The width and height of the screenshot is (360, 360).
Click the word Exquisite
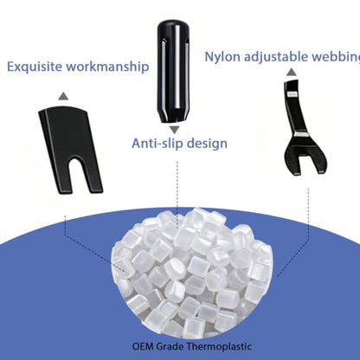pyautogui.click(x=35, y=67)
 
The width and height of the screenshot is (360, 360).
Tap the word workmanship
pyautogui.click(x=107, y=67)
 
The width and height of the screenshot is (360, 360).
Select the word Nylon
pyautogui.click(x=222, y=57)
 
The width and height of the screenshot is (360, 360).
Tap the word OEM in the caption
pyautogui.click(x=143, y=346)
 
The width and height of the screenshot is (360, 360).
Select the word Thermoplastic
pyautogui.click(x=219, y=346)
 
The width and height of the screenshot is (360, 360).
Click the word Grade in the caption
pyautogui.click(x=170, y=346)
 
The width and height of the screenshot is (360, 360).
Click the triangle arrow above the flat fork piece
pyautogui.click(x=63, y=96)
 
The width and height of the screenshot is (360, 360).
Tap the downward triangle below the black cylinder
pyautogui.click(x=174, y=130)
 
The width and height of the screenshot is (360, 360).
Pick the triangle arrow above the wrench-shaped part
pyautogui.click(x=292, y=72)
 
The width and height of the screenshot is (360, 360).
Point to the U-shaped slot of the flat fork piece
pyautogui.click(x=79, y=174)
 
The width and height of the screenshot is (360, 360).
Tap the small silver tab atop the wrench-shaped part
pyautogui.click(x=292, y=94)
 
